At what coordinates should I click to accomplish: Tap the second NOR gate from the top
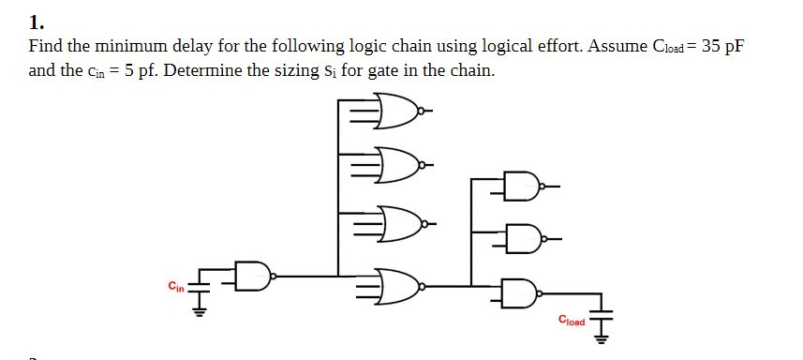point(394,166)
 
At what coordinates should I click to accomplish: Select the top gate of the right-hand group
point(517,186)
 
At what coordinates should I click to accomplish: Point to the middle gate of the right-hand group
point(517,238)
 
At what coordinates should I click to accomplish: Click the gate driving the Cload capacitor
point(518,292)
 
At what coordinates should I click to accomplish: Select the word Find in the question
point(46,46)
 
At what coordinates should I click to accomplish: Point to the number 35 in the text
point(711,46)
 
